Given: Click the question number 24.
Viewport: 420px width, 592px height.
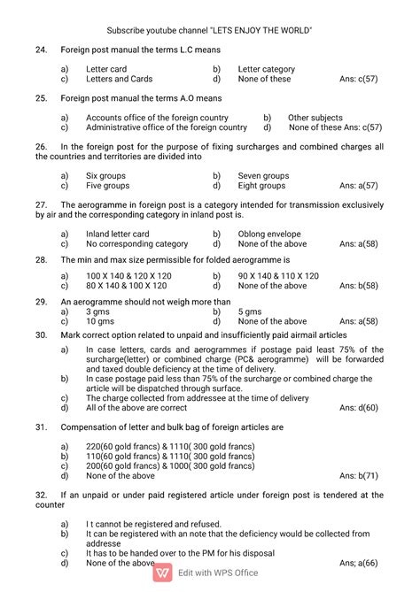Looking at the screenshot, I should (x=41, y=50).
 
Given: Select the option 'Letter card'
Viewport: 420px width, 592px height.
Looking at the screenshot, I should (x=105, y=68).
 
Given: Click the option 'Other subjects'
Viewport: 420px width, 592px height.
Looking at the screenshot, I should (x=315, y=117).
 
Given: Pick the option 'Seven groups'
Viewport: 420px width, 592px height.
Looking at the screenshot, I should (x=263, y=176).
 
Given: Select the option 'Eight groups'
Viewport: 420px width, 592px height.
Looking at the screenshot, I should (x=261, y=186).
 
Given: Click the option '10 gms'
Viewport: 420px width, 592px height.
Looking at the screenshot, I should (x=99, y=321).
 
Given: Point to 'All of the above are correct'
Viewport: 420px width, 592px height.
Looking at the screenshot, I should (x=136, y=408).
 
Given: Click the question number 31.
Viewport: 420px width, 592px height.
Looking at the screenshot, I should (x=41, y=427).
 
